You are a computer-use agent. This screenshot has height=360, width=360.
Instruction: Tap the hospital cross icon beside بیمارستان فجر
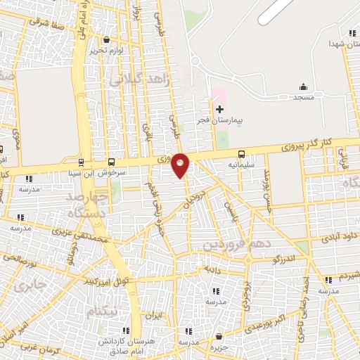pyautogui.click(x=219, y=109)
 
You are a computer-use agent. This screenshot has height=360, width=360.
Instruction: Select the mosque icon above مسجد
pyautogui.click(x=303, y=87)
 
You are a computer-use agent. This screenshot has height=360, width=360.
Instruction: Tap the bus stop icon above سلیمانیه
pyautogui.click(x=242, y=153)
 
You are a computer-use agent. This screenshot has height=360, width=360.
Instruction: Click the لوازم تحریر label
pyautogui.click(x=107, y=51)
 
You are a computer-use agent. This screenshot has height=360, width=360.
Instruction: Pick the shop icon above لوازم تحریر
pyautogui.click(x=106, y=39)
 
